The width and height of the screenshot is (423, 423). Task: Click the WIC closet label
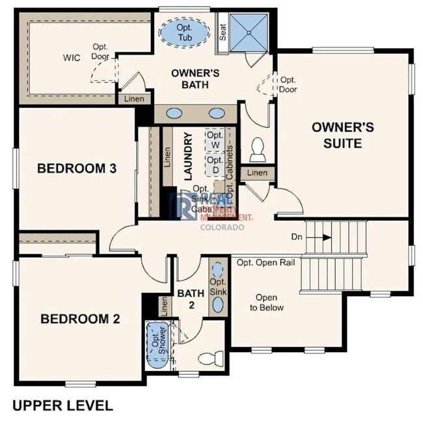[72, 58]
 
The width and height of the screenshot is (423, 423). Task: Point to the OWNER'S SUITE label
[342, 135]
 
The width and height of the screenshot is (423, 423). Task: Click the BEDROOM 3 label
[77, 169]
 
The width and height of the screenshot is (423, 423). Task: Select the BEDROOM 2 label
[80, 319]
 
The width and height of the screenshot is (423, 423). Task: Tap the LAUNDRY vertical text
[188, 156]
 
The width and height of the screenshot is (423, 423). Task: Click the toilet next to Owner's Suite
[257, 150]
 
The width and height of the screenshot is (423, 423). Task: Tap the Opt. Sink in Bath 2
[218, 282]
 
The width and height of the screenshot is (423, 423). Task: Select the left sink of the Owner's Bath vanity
[174, 113]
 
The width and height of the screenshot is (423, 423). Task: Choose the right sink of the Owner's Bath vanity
[215, 113]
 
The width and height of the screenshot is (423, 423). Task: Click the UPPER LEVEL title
[62, 405]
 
